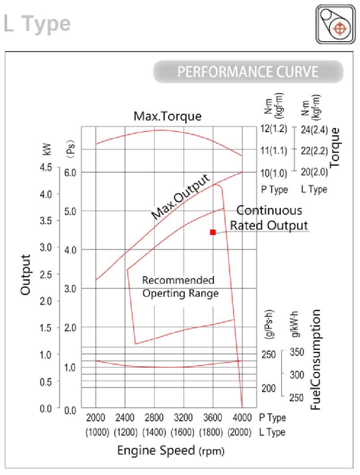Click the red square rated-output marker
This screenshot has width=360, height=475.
[213, 232]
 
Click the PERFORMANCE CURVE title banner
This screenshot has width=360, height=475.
[248, 72]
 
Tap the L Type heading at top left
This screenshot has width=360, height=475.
[37, 23]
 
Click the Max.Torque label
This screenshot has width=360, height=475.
[168, 116]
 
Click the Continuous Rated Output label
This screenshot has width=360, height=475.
[269, 218]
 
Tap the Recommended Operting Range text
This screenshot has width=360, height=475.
[179, 287]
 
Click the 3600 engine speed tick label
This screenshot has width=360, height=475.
[213, 418]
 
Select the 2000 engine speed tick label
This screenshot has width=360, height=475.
[95, 418]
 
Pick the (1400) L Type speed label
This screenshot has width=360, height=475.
[154, 432]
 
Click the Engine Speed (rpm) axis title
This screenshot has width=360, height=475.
[170, 450]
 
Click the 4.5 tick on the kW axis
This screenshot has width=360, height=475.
[47, 168]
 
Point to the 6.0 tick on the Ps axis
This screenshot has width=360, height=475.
[70, 173]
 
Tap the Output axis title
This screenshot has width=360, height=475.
[26, 275]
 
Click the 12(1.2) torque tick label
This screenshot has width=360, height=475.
[273, 129]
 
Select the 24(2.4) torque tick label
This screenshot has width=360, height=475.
[314, 130]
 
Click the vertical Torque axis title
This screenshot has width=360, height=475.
[335, 147]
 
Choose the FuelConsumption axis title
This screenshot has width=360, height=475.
[316, 359]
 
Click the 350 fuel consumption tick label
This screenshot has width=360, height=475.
[297, 352]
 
